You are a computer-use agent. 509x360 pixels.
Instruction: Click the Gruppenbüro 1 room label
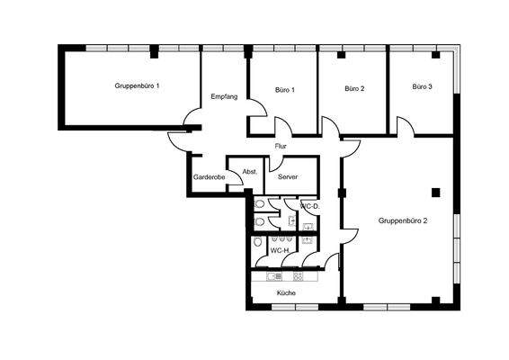(138, 85)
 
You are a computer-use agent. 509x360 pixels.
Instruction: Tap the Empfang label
(224, 96)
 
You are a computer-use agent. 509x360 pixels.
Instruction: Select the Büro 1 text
(285, 90)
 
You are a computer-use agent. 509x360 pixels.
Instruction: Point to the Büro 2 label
(354, 89)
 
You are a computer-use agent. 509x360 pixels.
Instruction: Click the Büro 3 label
(423, 87)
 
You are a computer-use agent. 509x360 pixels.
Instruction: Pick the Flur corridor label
(281, 146)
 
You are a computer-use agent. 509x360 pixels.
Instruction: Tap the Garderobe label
(210, 177)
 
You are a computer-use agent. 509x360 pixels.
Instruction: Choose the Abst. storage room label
(250, 171)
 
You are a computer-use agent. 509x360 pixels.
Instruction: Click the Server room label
(288, 177)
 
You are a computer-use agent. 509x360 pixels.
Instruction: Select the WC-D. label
(310, 206)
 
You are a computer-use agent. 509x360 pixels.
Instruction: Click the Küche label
(286, 293)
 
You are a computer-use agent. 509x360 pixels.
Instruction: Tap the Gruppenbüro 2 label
(402, 220)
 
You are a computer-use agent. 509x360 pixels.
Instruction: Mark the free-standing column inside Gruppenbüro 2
(435, 192)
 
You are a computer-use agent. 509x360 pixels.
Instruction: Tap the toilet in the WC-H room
(258, 242)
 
